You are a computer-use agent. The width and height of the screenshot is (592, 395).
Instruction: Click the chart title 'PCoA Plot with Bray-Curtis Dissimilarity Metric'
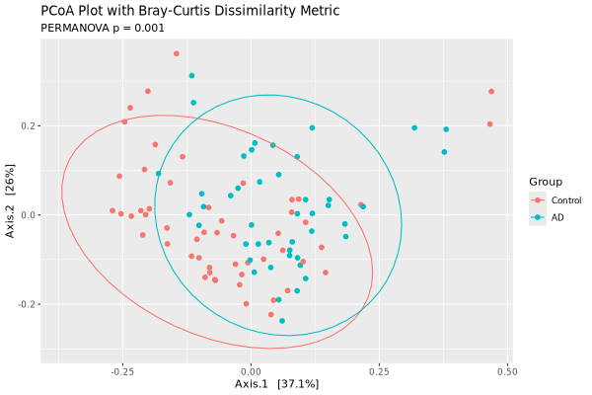pyautogui.click(x=189, y=11)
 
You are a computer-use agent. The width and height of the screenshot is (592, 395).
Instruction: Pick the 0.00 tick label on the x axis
pyautogui.click(x=251, y=371)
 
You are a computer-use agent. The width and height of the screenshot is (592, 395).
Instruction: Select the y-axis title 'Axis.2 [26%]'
pyautogui.click(x=11, y=215)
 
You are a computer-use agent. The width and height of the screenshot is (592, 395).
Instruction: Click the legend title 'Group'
pyautogui.click(x=546, y=183)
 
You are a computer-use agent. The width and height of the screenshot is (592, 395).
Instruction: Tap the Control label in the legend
pyautogui.click(x=566, y=199)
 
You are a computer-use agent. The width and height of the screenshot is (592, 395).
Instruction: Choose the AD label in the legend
pyautogui.click(x=557, y=216)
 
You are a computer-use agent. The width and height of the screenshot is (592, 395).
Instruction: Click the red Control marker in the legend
pyautogui.click(x=538, y=199)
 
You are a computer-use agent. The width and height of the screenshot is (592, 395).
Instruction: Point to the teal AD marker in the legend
pyautogui.click(x=538, y=216)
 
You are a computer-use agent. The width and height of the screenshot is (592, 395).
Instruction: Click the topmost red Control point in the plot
pyautogui.click(x=177, y=53)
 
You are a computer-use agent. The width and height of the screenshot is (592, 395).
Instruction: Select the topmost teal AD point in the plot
pyautogui.click(x=191, y=75)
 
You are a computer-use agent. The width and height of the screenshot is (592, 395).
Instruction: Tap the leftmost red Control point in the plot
pyautogui.click(x=112, y=210)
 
